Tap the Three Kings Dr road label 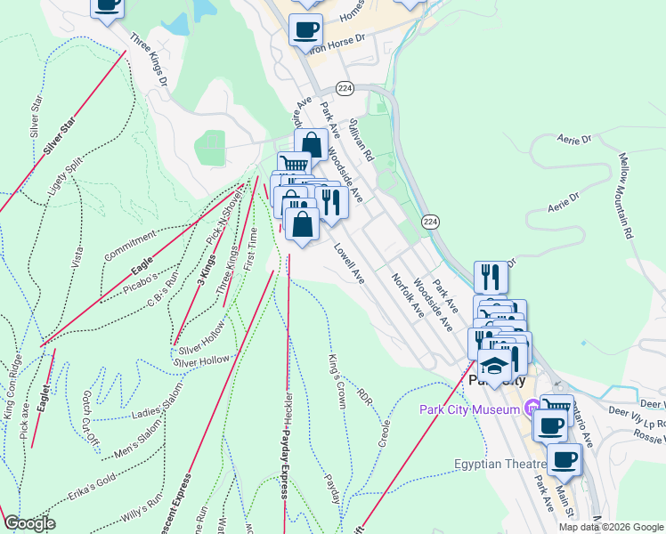(x=149, y=60)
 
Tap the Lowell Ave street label (x=350, y=265)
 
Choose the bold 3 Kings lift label (x=207, y=269)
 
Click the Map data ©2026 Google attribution (x=611, y=527)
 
